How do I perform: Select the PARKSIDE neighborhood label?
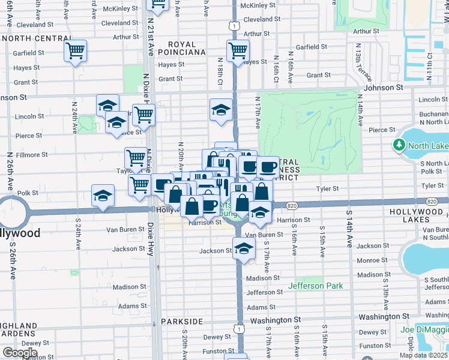pyautogui.click(x=182, y=322)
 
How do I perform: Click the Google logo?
pyautogui.click(x=20, y=353)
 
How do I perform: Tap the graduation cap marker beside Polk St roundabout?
pyautogui.click(x=103, y=196)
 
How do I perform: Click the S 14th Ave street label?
pyautogui.click(x=348, y=229)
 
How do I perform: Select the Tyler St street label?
pyautogui.click(x=327, y=188)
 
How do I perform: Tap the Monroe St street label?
pyautogui.click(x=372, y=260)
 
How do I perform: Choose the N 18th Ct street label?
pyautogui.click(x=221, y=72)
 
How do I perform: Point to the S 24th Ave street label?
pyautogui.click(x=78, y=233)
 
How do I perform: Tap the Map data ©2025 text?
pyautogui.click(x=424, y=355)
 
